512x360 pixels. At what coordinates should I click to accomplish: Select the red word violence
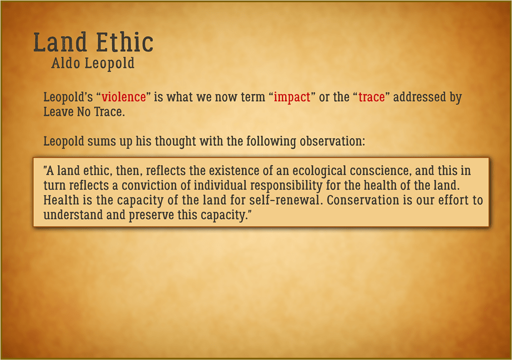tap(123, 97)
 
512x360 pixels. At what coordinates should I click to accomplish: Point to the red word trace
tap(371, 97)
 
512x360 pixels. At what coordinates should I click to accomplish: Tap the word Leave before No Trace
tap(58, 112)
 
